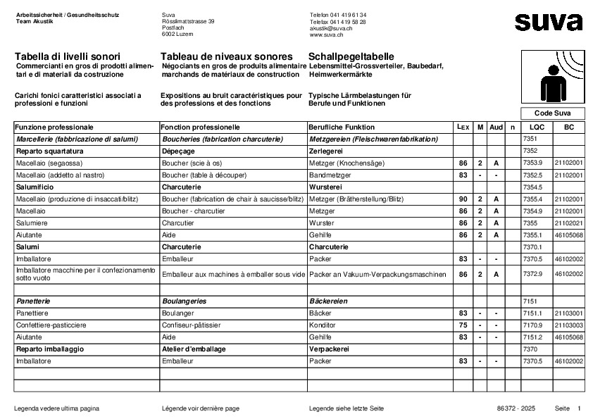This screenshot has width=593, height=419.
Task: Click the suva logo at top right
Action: click(548, 22)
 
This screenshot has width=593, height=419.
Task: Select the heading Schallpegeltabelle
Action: click(351, 56)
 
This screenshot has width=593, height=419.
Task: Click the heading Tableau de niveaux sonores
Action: click(226, 56)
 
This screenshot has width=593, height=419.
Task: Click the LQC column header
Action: click(537, 127)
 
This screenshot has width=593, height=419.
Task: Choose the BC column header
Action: click(568, 127)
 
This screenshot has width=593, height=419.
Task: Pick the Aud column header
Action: click(497, 127)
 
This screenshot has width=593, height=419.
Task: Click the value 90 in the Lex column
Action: click(463, 199)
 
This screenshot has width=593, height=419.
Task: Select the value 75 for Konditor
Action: click(463, 325)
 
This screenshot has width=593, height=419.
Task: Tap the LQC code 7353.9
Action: click(533, 163)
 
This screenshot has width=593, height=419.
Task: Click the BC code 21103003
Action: click(568, 325)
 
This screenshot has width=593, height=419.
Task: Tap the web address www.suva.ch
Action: click(326, 35)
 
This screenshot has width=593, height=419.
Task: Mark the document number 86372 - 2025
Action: click(516, 408)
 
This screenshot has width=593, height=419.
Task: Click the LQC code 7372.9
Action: click(533, 273)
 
